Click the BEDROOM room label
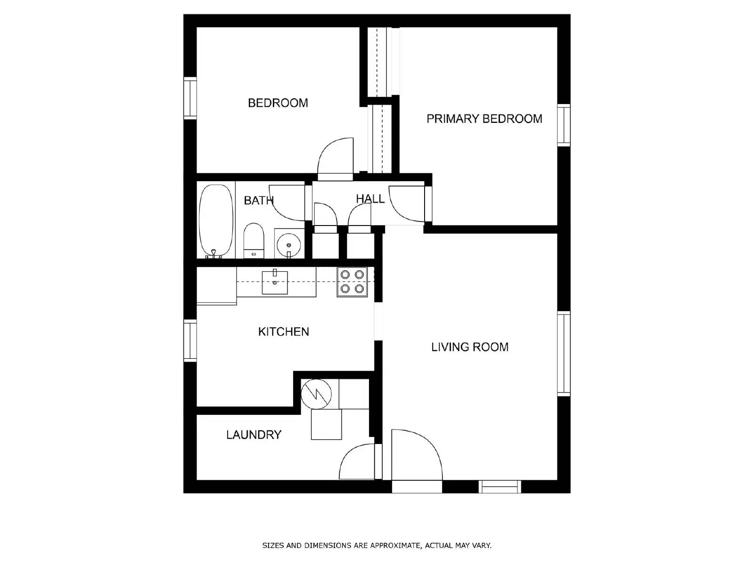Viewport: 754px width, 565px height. [x=278, y=103]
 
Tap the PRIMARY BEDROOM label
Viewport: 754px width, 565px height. [x=484, y=119]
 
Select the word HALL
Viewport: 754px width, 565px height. [x=370, y=199]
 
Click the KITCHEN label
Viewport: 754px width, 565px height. [x=283, y=331]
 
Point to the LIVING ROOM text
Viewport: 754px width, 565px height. [x=470, y=347]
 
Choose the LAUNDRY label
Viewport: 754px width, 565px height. [x=254, y=435]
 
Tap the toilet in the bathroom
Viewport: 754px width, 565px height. [x=254, y=241]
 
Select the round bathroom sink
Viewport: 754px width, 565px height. [x=289, y=244]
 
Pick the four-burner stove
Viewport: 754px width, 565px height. [x=352, y=282]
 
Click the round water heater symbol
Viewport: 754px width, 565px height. [x=316, y=394]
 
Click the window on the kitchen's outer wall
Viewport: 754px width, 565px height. [x=190, y=340]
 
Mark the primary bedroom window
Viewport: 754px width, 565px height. [x=564, y=125]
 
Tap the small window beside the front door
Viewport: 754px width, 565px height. [x=500, y=487]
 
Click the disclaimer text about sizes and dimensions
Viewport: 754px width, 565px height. [x=377, y=545]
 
